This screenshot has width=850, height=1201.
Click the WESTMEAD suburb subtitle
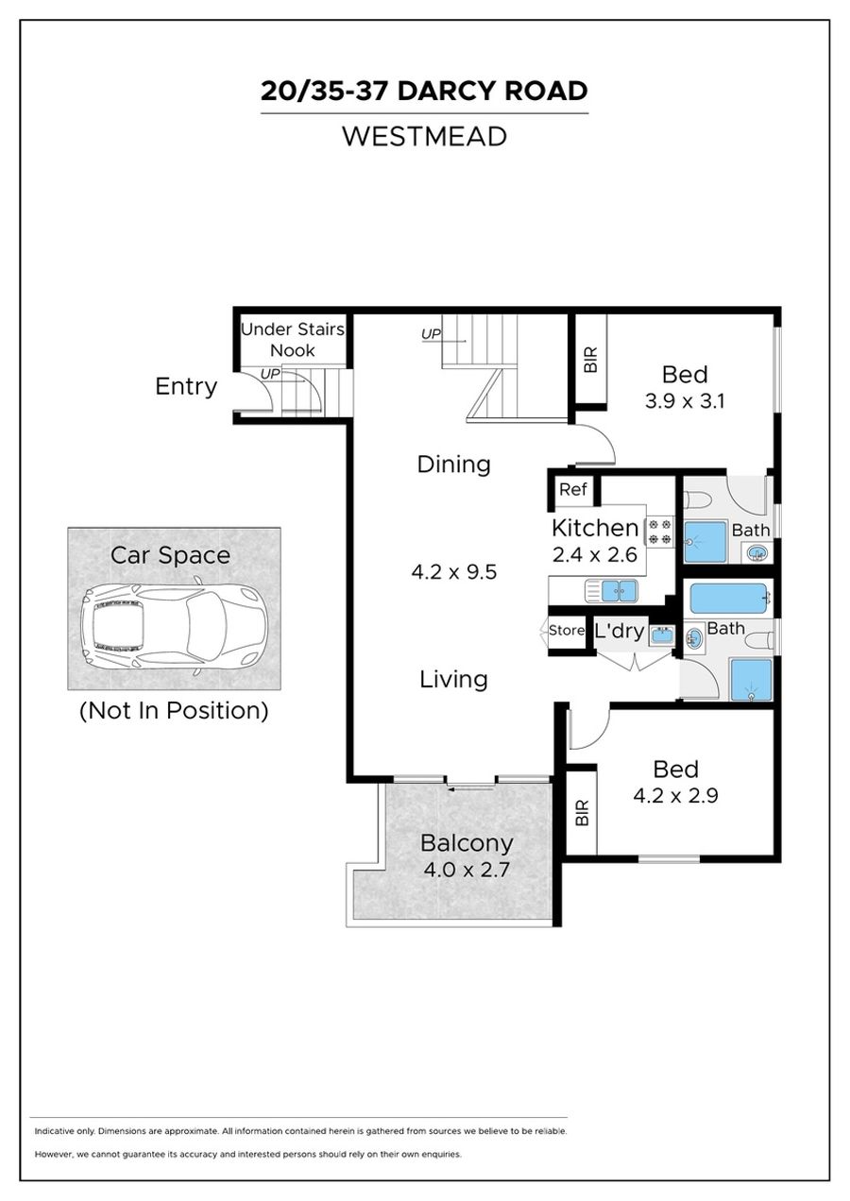click(x=424, y=136)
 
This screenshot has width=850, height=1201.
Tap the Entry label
click(x=186, y=386)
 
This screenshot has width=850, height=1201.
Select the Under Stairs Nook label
click(x=292, y=339)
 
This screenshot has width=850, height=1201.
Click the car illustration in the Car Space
click(x=174, y=625)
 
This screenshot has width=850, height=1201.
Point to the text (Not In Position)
click(x=174, y=711)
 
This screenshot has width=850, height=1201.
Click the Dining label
click(x=453, y=465)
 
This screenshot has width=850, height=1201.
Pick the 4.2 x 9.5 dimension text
click(x=453, y=572)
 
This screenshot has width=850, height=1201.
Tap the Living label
click(x=453, y=679)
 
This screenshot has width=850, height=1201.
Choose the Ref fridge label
click(x=572, y=489)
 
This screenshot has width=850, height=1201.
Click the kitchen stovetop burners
click(x=660, y=531)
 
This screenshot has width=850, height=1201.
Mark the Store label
click(x=567, y=631)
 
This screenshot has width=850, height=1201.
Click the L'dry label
click(x=619, y=631)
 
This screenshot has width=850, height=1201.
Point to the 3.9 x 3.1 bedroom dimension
click(x=685, y=401)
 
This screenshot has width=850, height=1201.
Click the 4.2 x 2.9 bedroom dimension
click(x=675, y=795)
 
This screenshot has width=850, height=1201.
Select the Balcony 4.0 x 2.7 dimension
click(x=466, y=869)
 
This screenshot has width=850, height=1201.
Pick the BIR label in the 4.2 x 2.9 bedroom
click(x=582, y=813)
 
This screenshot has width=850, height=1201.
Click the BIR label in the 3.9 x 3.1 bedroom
click(x=590, y=360)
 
